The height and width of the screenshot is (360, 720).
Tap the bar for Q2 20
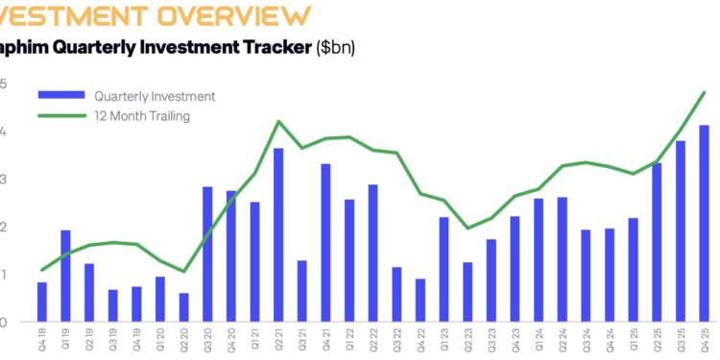[x=183, y=307]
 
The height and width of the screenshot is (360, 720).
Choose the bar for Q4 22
[x=420, y=300]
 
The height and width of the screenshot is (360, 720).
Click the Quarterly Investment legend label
[x=154, y=96]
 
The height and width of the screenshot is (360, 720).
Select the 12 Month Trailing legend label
[x=142, y=116]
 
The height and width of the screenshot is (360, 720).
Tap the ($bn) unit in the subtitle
[x=335, y=47]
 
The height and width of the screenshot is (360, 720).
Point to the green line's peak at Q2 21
[x=278, y=122]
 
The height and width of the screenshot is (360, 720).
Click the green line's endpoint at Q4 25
[x=705, y=93]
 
